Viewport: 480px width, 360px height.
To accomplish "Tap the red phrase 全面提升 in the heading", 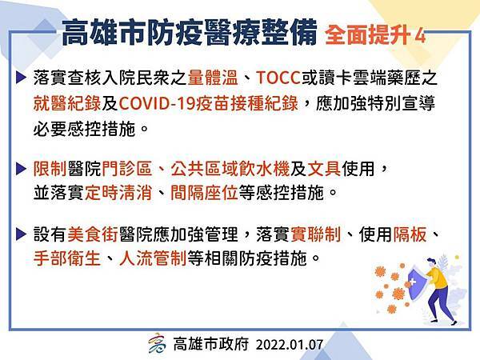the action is tap(368, 35).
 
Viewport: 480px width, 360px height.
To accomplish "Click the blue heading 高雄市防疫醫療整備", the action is tap(189, 33).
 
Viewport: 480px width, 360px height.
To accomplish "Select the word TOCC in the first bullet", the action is tap(278, 78).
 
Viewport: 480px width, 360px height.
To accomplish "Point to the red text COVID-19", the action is tap(157, 103).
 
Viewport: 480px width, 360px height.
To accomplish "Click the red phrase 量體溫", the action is tap(213, 78).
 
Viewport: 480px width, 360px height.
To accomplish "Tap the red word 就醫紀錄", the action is tap(67, 103).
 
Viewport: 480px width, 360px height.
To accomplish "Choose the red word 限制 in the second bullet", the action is tap(50, 168).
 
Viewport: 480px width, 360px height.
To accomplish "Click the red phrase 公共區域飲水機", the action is tap(230, 168).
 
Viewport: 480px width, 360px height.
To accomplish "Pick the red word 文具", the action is tap(323, 168).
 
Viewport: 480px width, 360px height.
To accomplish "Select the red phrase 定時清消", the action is tap(118, 193).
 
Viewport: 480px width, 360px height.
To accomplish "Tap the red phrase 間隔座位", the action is tap(204, 193).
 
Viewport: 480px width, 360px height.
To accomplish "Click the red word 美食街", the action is tap(93, 234).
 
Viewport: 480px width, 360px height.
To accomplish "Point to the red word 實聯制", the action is tap(316, 234).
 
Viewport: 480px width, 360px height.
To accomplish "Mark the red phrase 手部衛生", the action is tap(67, 258).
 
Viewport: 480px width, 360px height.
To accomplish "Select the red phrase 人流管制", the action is tap(153, 258).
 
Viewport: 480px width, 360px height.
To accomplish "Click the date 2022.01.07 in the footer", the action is tap(290, 345).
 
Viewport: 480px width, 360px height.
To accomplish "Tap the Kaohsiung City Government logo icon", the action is tap(157, 343).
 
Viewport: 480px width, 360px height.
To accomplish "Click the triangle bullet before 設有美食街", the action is tap(21, 234).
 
